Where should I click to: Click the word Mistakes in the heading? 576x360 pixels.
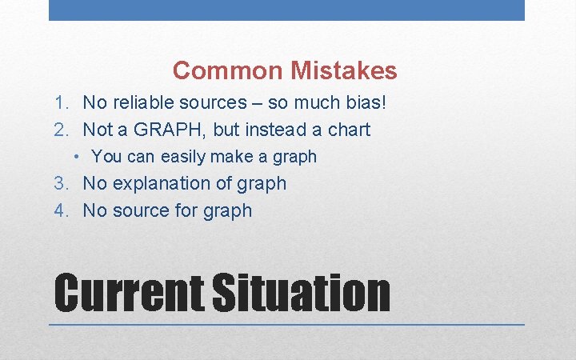point(344,71)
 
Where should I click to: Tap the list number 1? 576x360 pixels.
point(59,102)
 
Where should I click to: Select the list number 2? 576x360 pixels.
point(59,130)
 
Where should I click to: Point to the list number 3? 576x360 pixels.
point(59,183)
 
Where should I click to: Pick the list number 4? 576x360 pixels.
point(59,210)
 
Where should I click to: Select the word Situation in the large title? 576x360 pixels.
point(301,293)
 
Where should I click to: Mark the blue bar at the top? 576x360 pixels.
point(286,10)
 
